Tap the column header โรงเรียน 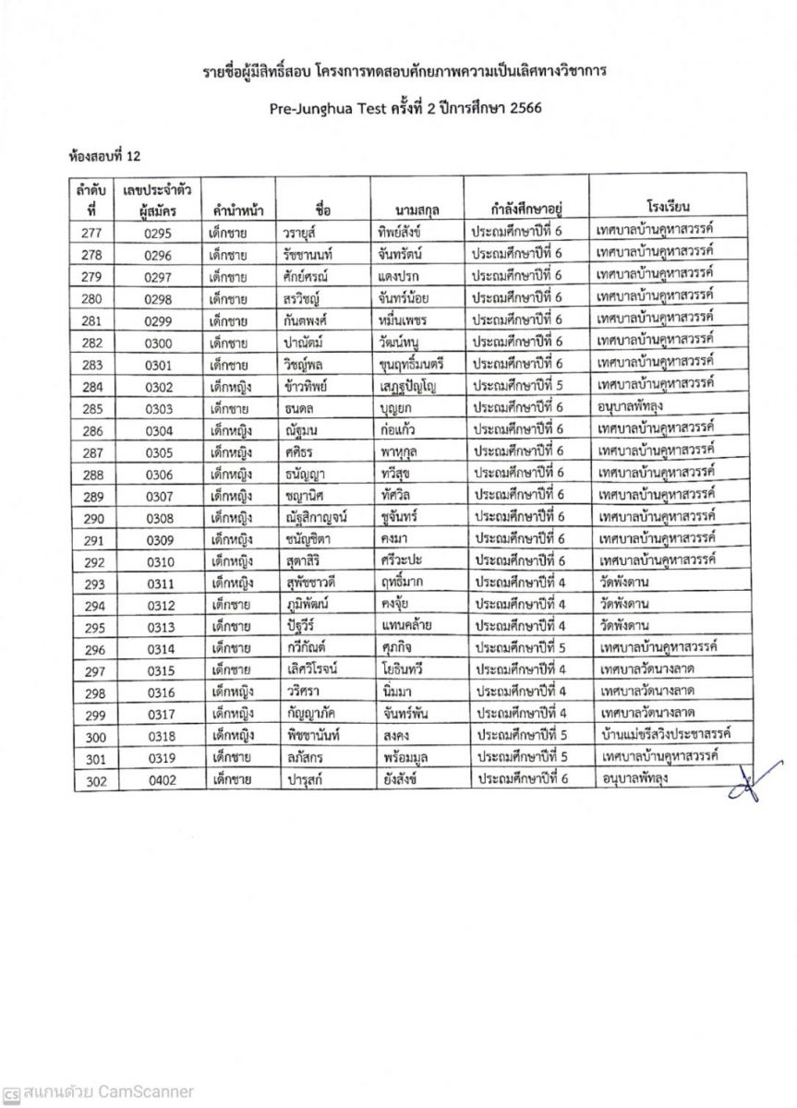663,206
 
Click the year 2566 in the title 521,106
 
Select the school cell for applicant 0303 637,406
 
